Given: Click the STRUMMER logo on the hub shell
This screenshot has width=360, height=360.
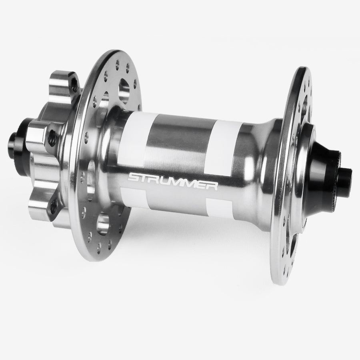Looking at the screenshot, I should coord(172,181).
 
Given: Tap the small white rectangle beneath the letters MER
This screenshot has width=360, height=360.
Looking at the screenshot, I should coord(219,207).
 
